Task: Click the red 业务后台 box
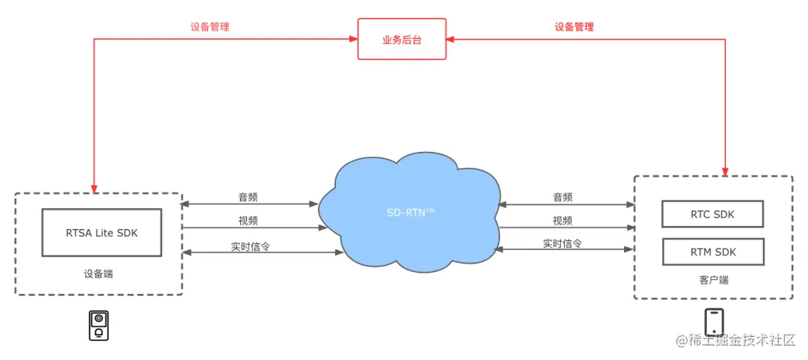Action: (x=402, y=39)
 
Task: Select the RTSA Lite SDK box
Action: (x=101, y=232)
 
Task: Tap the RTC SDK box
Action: (x=712, y=214)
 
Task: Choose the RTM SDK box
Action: (x=712, y=251)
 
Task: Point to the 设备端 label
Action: (x=98, y=274)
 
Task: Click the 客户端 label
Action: (x=713, y=280)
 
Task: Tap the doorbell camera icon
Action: (x=98, y=326)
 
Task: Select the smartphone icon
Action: (x=714, y=323)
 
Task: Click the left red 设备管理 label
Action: (x=209, y=27)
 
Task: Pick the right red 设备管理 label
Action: (x=574, y=27)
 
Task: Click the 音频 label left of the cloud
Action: (x=248, y=198)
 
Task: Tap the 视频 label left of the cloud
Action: (x=248, y=221)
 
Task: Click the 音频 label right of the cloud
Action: (x=563, y=198)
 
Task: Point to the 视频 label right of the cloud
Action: (x=563, y=221)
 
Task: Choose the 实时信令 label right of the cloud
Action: (x=563, y=244)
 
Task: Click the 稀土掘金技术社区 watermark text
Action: (x=741, y=341)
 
